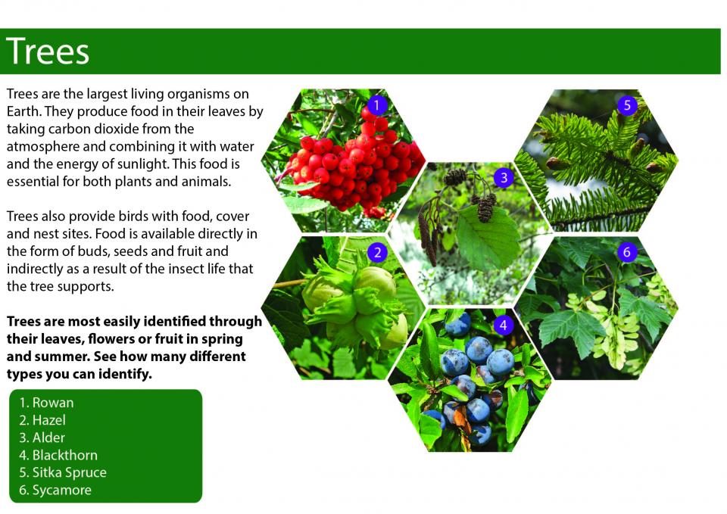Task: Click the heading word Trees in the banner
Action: (48, 51)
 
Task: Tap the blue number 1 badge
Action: (376, 105)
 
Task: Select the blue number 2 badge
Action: (377, 253)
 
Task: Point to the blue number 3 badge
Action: (504, 178)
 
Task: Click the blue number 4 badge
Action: (504, 326)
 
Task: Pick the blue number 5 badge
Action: (627, 105)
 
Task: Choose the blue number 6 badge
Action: (627, 252)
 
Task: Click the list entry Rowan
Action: (46, 403)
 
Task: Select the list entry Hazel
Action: (42, 420)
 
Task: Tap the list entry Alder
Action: (42, 438)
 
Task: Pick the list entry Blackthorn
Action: (58, 455)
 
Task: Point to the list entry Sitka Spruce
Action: (63, 473)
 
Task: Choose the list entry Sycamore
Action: (55, 491)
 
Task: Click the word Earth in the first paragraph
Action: (23, 112)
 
